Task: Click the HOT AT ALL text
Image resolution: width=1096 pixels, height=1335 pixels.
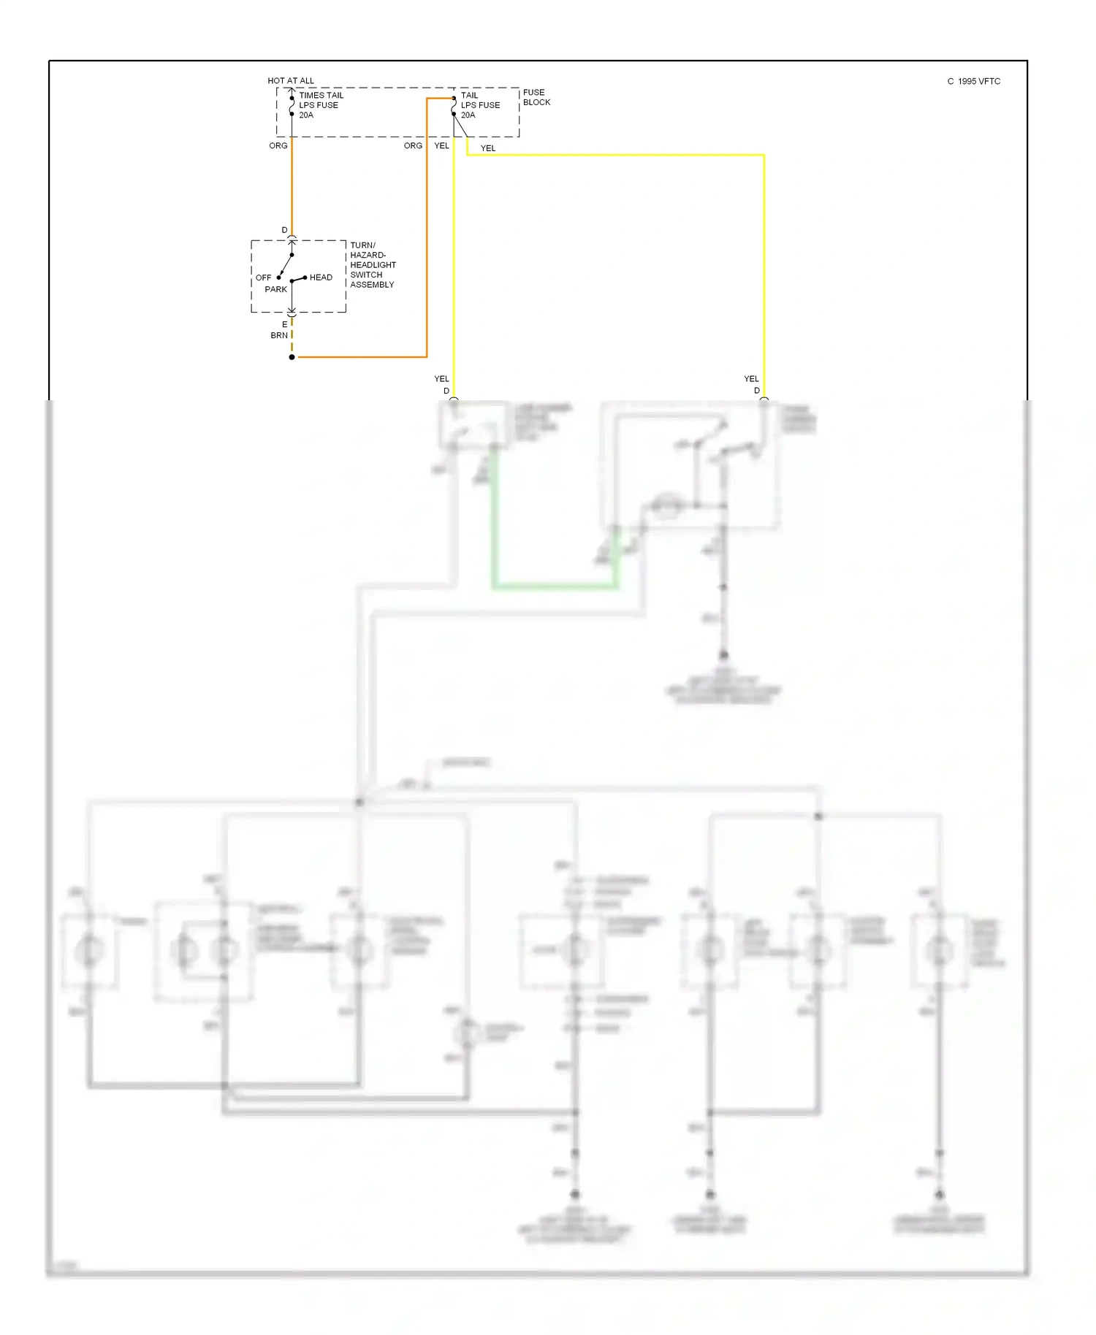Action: coord(290,80)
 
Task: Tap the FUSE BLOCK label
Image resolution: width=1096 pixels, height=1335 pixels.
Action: coord(536,97)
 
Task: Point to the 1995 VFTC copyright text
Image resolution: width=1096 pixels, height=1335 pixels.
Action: coord(974,81)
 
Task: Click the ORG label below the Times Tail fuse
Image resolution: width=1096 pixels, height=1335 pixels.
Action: coord(278,145)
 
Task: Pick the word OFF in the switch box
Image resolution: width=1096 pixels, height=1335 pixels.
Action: coord(263,278)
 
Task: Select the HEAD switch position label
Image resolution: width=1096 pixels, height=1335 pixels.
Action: coord(321,278)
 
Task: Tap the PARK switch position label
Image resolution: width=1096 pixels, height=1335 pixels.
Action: coord(275,289)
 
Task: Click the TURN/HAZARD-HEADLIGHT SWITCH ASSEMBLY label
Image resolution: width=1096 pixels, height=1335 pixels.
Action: coord(373,265)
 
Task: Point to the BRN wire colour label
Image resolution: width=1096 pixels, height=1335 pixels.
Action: coord(279,335)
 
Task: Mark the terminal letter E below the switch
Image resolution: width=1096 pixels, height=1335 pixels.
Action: coord(285,324)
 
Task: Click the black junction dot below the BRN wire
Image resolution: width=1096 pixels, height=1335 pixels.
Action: coord(292,357)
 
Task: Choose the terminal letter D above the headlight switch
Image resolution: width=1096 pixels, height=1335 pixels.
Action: coord(285,230)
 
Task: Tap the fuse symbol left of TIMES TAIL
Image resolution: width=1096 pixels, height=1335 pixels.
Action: coord(292,105)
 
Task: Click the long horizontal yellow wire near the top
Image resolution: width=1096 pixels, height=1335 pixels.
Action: coord(614,155)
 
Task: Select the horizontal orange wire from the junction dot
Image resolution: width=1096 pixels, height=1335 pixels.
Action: coord(362,357)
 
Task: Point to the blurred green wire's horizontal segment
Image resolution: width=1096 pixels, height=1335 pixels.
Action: coord(555,586)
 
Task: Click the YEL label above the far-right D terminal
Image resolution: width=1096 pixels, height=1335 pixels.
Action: coord(751,378)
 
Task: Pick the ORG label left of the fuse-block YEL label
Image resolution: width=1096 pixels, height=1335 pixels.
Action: coord(413,145)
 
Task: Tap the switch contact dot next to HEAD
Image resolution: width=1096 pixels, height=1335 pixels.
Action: coord(305,278)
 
